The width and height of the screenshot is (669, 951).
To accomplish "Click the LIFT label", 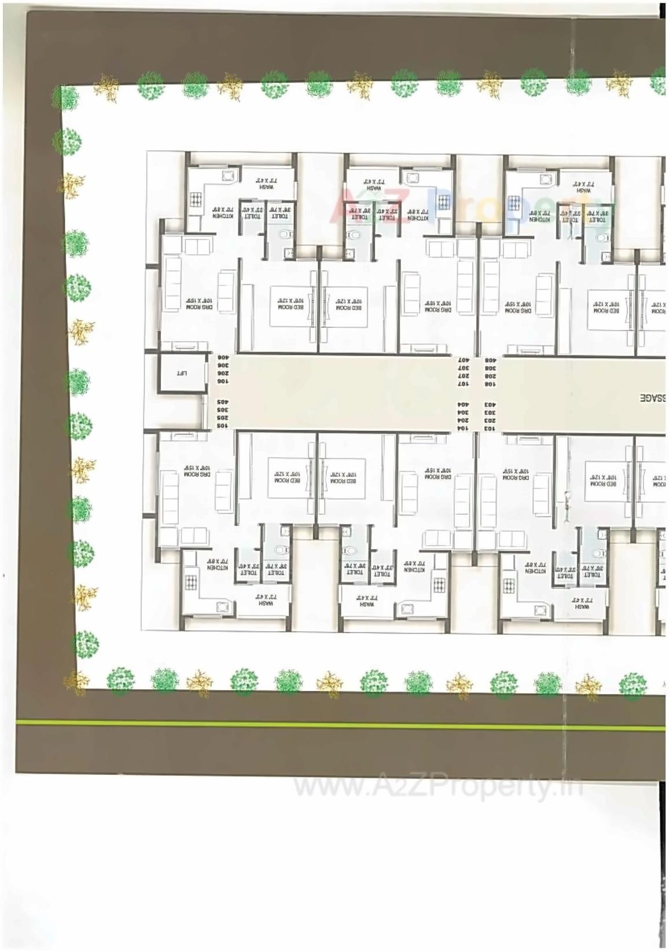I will click(182, 374).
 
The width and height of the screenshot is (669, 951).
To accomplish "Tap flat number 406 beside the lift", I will click(223, 358).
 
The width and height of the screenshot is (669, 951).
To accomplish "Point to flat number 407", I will click(463, 360).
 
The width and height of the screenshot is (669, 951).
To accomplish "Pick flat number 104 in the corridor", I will click(463, 427).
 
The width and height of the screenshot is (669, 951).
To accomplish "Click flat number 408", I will click(490, 360).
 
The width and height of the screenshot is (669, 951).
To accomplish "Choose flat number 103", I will click(490, 428).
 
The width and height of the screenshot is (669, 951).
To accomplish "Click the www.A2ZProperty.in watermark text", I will click(438, 787).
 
